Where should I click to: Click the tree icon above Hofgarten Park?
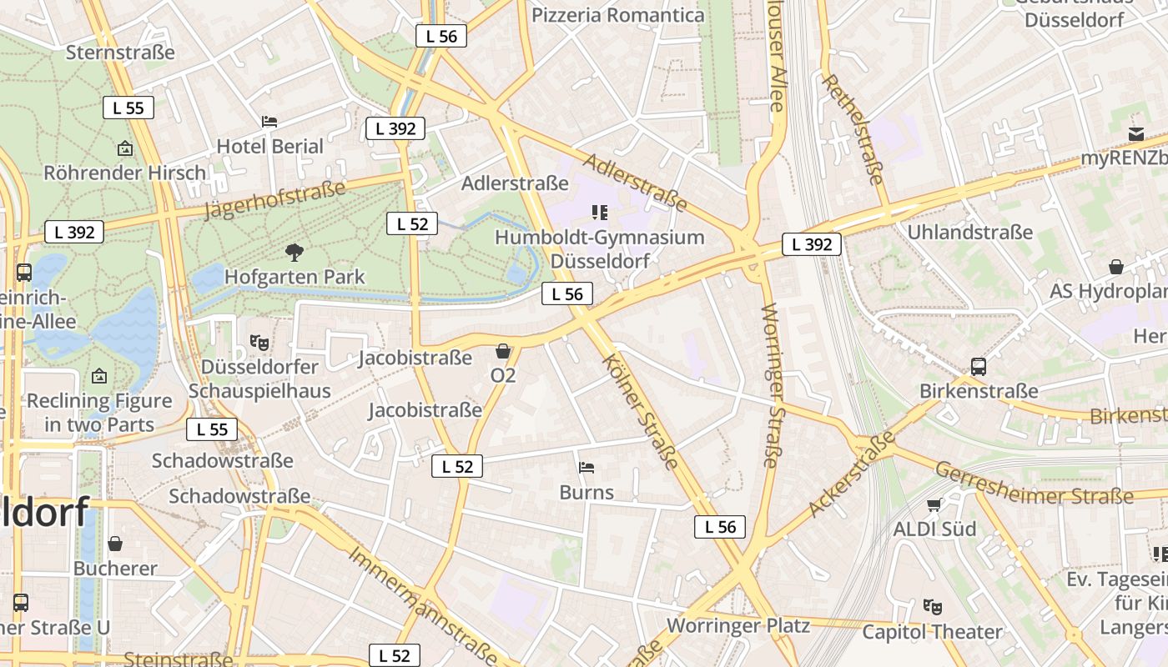[294, 252]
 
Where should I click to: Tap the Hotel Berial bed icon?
[269, 122]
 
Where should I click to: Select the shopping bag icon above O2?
[502, 351]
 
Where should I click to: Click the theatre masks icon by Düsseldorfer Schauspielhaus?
[259, 342]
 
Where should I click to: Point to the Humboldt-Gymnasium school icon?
[599, 213]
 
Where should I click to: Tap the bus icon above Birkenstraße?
[978, 366]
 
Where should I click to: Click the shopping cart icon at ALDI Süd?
[934, 504]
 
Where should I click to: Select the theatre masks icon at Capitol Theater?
[932, 607]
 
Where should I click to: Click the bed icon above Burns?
[587, 468]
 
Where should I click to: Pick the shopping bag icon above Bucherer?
[115, 544]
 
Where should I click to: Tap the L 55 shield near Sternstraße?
[128, 108]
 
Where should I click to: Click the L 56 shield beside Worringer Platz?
[719, 527]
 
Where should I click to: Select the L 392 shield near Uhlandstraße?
[812, 244]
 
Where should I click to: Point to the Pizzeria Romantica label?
[617, 15]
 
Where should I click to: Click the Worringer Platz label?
[738, 625]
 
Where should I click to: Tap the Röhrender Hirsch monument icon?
[125, 149]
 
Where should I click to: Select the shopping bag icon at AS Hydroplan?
[1116, 267]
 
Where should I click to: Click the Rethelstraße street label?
[853, 128]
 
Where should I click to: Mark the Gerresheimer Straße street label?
[1034, 484]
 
